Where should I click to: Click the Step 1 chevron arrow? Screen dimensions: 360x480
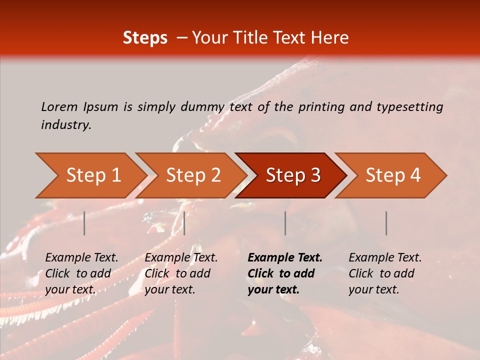(x=92, y=175)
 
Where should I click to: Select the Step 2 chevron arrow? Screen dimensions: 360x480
(x=193, y=175)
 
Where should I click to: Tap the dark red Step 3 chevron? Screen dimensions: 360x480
(x=292, y=175)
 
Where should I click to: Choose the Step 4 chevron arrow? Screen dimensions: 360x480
(x=393, y=175)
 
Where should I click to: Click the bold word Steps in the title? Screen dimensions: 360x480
(x=145, y=38)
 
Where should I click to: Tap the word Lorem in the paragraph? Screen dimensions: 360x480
(x=59, y=106)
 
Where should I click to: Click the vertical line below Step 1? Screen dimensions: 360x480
(x=84, y=223)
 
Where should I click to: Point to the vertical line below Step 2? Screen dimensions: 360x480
(x=184, y=223)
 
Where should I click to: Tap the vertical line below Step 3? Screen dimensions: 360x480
(x=285, y=223)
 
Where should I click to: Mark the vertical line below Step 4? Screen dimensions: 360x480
(x=386, y=223)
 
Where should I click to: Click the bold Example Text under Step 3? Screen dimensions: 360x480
(x=285, y=258)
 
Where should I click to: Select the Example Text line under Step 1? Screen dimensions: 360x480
(x=81, y=258)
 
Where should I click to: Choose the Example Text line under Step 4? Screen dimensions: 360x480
(x=385, y=258)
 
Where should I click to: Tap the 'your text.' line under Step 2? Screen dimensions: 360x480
(x=170, y=289)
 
